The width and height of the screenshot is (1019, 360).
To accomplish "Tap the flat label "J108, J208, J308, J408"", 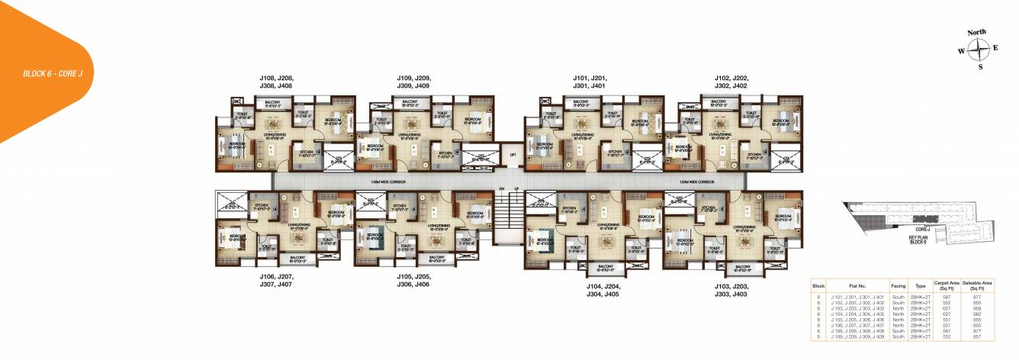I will (275, 82).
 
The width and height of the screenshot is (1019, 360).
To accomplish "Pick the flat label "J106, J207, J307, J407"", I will (275, 279).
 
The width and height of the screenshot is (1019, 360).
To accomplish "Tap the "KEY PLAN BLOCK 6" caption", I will (917, 239).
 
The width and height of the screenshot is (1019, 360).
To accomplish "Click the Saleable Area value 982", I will (977, 313).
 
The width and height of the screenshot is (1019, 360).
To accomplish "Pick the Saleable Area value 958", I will (977, 308).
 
